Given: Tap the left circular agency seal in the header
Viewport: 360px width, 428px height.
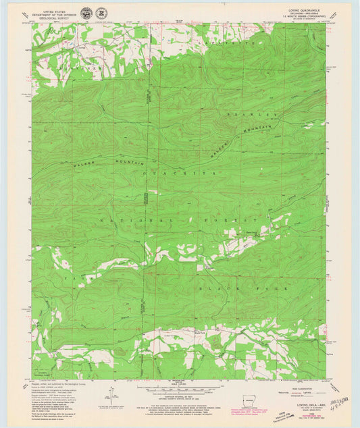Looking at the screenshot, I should (86, 13).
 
